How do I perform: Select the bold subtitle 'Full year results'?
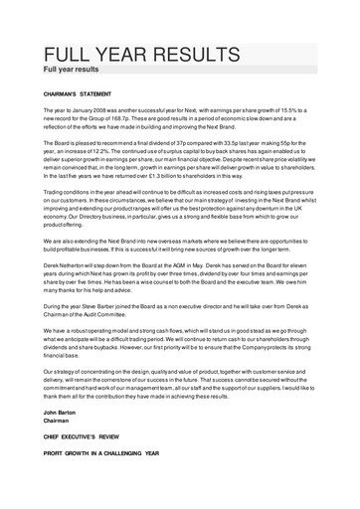point(70,72)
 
